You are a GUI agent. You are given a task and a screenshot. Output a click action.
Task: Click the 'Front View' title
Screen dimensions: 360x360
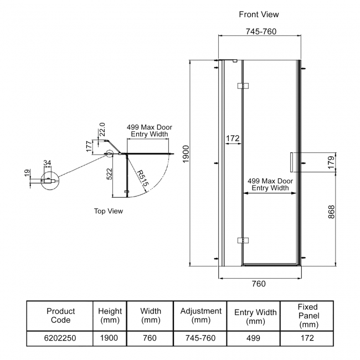(x=259, y=14)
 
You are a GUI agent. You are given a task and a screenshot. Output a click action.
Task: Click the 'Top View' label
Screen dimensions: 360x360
(x=108, y=211)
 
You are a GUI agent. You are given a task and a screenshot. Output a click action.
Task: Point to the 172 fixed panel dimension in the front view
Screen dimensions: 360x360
(x=232, y=137)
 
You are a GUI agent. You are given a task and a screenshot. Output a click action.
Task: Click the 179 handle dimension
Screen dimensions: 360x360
(x=331, y=162)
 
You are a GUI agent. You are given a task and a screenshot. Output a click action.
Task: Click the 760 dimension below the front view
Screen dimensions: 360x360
(x=259, y=284)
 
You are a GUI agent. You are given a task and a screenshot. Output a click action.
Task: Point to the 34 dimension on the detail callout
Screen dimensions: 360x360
(x=47, y=163)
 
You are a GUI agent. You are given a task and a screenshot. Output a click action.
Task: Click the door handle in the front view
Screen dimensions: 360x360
(x=291, y=162)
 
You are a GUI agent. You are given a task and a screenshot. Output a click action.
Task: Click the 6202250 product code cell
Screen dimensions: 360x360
(x=60, y=338)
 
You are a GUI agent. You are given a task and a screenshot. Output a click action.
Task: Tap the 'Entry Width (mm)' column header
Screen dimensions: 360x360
(x=255, y=316)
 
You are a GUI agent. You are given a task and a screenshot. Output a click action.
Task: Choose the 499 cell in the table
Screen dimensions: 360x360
(x=255, y=338)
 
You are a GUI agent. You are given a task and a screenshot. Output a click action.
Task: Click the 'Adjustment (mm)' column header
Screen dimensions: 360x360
(x=200, y=316)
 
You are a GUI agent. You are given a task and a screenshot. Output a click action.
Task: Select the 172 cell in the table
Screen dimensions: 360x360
(x=307, y=338)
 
